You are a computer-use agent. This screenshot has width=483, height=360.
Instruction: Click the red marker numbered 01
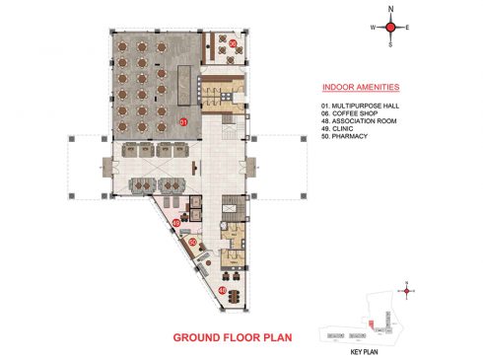(x=183, y=121)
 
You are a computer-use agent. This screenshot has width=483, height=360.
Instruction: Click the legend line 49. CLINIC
(x=340, y=130)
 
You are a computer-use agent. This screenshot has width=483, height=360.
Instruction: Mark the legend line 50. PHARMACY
(x=346, y=138)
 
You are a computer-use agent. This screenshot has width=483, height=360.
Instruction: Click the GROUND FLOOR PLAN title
(x=234, y=338)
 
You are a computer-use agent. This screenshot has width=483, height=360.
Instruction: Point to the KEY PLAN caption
(x=364, y=350)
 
